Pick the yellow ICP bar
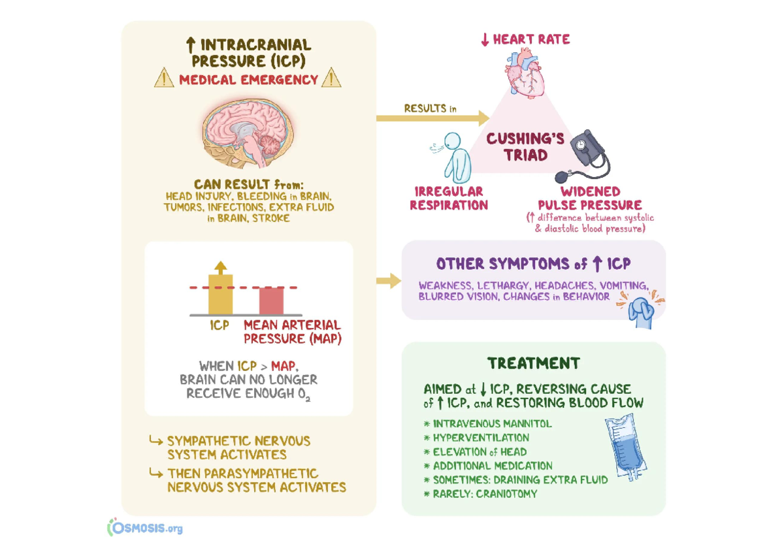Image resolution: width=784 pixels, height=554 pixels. (220, 294)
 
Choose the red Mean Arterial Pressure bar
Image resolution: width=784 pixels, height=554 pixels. (272, 301)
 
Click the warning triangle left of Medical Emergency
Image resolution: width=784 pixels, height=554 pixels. (163, 80)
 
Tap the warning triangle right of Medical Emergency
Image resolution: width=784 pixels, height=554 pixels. (332, 80)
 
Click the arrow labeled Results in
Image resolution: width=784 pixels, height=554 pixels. (433, 118)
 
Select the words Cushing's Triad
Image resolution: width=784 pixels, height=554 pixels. (516, 146)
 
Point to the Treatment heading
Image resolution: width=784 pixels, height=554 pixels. (533, 363)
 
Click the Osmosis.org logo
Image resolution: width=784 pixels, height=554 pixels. (145, 527)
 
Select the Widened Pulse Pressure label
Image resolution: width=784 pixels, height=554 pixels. (589, 198)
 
